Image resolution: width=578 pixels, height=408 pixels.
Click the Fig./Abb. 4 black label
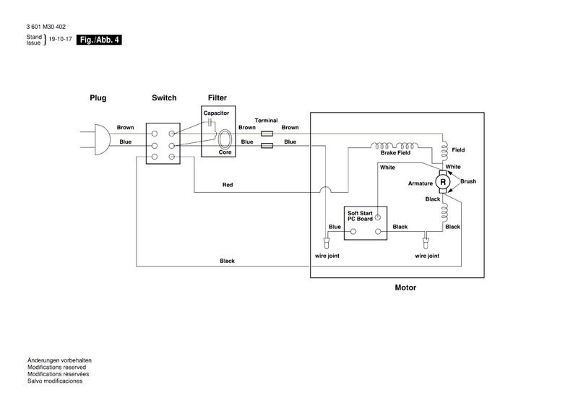(x=99, y=40)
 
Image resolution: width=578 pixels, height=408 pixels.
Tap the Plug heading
(x=98, y=97)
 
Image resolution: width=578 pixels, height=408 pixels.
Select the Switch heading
(x=164, y=97)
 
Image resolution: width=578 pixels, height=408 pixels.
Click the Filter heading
(x=217, y=97)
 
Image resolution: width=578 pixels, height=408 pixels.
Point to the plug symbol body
(x=102, y=139)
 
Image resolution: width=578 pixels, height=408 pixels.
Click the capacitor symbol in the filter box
(x=210, y=123)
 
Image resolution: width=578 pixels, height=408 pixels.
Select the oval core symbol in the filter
(x=225, y=139)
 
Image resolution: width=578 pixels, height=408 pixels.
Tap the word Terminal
(x=266, y=121)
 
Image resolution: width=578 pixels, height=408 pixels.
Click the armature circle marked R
(x=443, y=182)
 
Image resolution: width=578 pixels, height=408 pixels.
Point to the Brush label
(x=468, y=181)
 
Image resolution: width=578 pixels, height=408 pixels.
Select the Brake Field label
(x=395, y=152)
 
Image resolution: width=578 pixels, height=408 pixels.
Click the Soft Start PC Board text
(x=360, y=216)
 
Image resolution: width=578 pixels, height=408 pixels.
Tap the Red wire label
(x=228, y=185)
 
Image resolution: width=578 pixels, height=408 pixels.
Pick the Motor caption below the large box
(x=405, y=287)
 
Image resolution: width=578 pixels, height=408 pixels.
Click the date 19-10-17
(x=61, y=39)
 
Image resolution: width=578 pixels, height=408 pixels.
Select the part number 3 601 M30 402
(x=46, y=27)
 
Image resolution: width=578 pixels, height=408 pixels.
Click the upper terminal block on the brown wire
(x=267, y=134)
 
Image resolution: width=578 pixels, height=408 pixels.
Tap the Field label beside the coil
(x=458, y=149)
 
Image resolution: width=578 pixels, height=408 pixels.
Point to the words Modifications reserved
(x=57, y=367)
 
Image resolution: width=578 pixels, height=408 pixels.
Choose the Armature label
(x=420, y=183)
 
